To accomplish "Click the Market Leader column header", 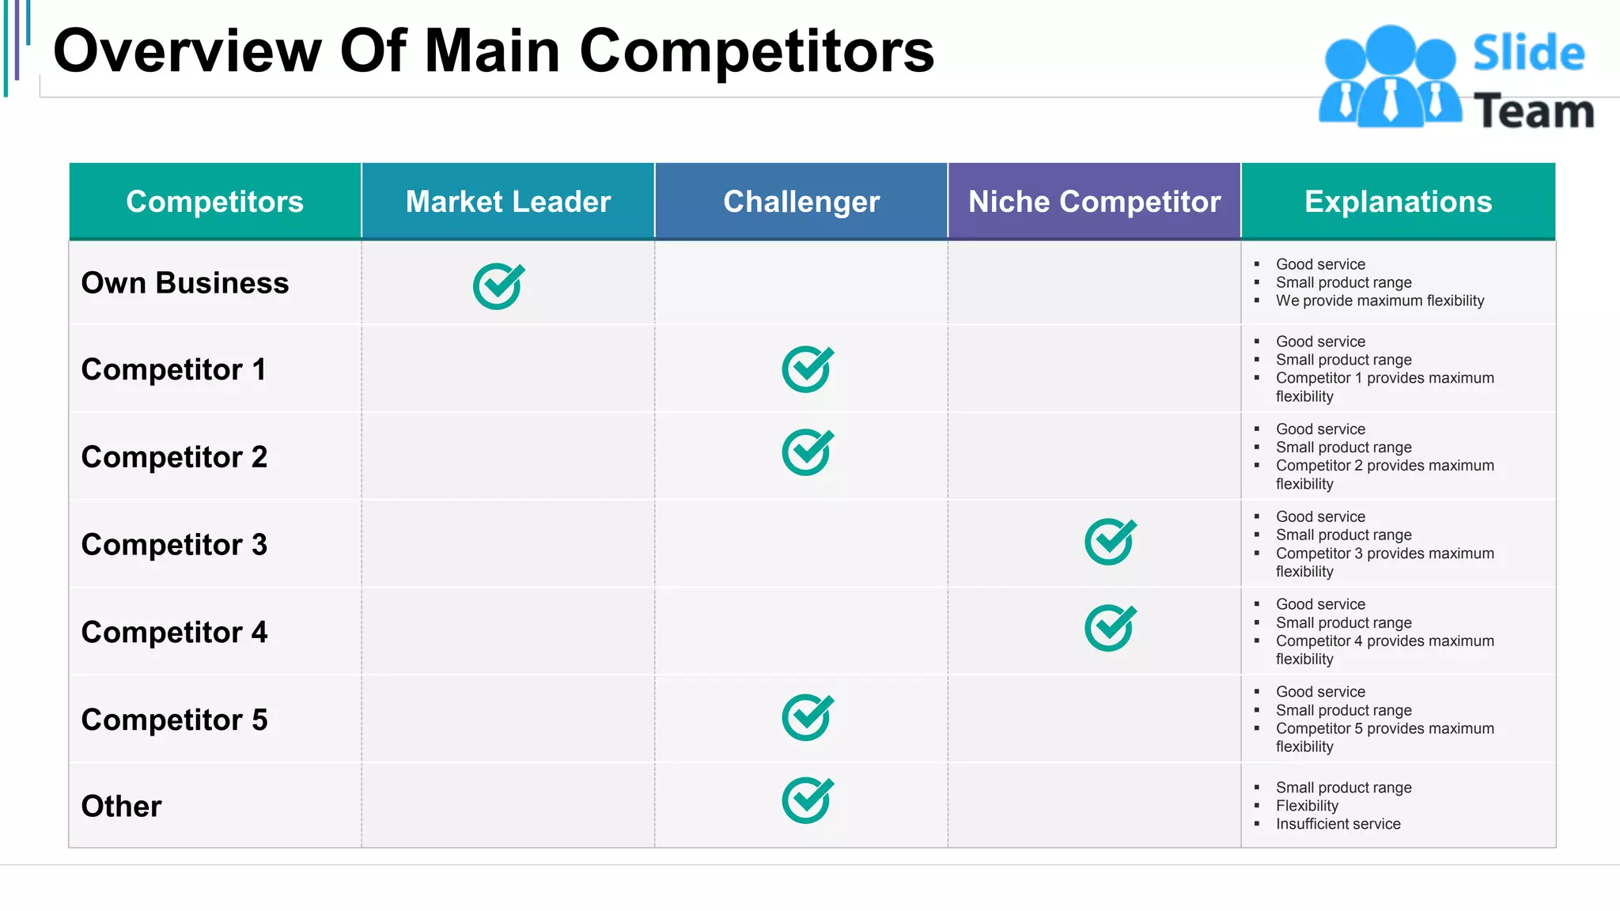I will (x=508, y=202).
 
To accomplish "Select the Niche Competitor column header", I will (x=1094, y=202).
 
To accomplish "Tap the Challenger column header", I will (x=801, y=202).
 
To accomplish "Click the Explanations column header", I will (x=1398, y=202).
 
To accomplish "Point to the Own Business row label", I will (x=185, y=283).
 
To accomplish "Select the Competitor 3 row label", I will (x=174, y=545).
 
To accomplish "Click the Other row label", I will (x=121, y=807).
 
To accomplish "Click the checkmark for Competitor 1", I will (x=807, y=369).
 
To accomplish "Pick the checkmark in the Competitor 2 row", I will (x=807, y=452).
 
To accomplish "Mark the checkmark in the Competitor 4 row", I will (x=1110, y=628).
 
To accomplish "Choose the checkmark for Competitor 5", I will (x=807, y=717).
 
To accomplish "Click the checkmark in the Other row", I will (x=807, y=800).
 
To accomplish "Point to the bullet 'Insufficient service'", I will (x=1338, y=824).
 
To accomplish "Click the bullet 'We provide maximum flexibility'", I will (x=1380, y=301).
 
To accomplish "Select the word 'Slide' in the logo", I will (x=1528, y=54).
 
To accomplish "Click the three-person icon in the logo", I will (x=1390, y=77).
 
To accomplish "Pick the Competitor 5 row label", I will (x=174, y=720).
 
